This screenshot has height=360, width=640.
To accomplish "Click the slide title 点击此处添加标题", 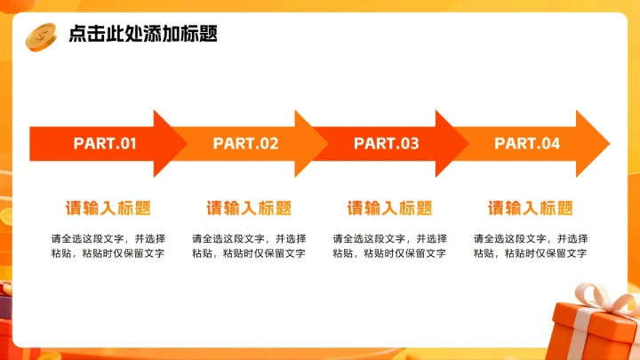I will [x=143, y=35].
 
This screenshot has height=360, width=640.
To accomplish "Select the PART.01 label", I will [x=105, y=143].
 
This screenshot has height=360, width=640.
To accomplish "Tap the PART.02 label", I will [x=245, y=143].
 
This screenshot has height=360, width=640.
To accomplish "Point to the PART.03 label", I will [x=386, y=143].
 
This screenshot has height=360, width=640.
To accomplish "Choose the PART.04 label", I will [x=527, y=143].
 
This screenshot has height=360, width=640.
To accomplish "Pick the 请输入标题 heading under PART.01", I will [x=108, y=208].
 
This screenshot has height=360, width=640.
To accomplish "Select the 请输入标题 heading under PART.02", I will [x=249, y=208].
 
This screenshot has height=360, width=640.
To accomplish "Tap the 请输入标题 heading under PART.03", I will [x=389, y=208].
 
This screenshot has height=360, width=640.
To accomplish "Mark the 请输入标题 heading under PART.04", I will [x=531, y=208].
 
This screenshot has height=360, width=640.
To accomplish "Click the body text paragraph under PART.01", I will [x=108, y=246].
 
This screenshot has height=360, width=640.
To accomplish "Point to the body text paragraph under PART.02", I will [x=249, y=246].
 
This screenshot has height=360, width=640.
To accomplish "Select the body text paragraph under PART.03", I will [x=389, y=246].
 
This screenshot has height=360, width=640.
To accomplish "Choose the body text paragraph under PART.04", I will [x=531, y=246].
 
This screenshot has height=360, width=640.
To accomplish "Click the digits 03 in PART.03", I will [x=410, y=143].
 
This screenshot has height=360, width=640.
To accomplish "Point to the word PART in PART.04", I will [x=515, y=143].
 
